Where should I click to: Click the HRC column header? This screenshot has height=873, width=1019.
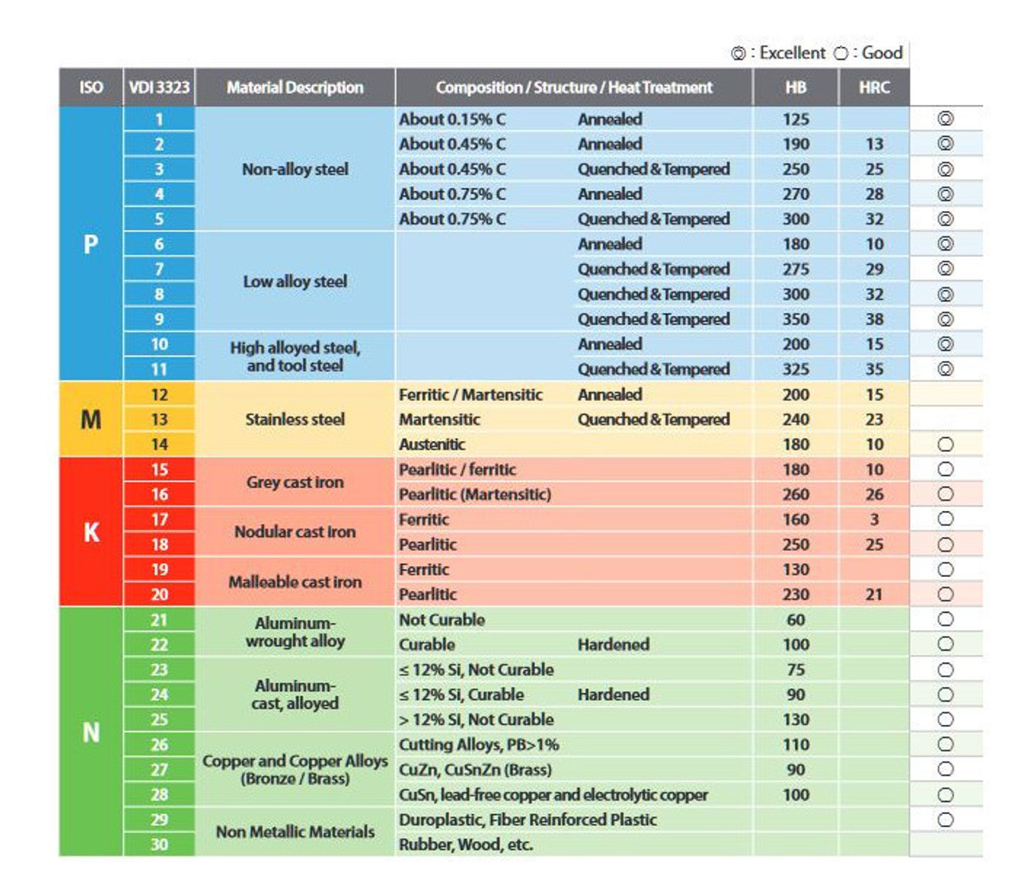(x=873, y=88)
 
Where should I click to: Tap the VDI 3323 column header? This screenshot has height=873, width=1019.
(x=159, y=88)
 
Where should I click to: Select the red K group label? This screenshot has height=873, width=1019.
(x=92, y=532)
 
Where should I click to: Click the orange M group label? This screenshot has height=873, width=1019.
(x=92, y=419)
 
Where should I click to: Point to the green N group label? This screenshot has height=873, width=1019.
(x=92, y=732)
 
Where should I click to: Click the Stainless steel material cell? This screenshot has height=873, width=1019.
(x=295, y=419)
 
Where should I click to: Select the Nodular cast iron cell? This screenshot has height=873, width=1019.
(x=295, y=532)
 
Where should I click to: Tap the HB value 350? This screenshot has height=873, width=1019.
(x=795, y=319)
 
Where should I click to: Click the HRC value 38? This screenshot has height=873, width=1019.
(x=874, y=319)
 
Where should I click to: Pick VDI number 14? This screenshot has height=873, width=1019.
(x=159, y=444)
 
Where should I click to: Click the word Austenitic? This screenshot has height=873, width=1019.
(x=432, y=444)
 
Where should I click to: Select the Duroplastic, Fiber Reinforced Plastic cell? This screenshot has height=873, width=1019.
(x=528, y=820)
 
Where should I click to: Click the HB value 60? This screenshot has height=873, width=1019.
(x=795, y=619)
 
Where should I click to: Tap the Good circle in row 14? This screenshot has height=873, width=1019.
(x=945, y=444)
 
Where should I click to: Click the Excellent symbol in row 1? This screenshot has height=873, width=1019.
(x=945, y=119)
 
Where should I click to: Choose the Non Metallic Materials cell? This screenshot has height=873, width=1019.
(x=295, y=832)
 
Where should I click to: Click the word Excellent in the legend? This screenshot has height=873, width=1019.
(x=792, y=53)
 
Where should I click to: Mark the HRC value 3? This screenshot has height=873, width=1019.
(x=874, y=519)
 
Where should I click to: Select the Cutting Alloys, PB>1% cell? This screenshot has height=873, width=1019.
(x=478, y=744)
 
